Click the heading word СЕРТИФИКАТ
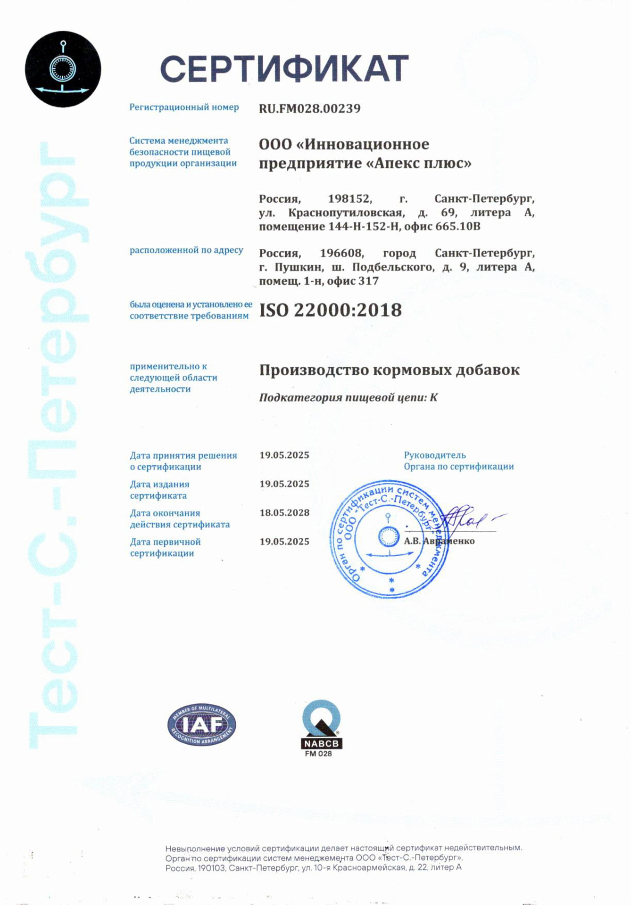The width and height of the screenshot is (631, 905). tap(284, 69)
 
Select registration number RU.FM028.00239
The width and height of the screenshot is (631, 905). tap(309, 108)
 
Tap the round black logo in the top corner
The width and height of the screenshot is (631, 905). tap(63, 69)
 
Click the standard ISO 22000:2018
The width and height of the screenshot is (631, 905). tap(331, 310)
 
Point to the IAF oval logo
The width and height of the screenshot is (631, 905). tap(202, 725)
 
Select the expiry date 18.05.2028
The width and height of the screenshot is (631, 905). tap(284, 513)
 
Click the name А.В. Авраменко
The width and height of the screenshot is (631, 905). tap(439, 541)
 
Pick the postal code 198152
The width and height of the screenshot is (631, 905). tap(350, 199)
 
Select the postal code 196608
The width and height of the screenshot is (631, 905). tap(342, 253)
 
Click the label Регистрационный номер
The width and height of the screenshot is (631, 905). tap(184, 107)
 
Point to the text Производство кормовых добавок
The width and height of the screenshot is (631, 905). tap(389, 370)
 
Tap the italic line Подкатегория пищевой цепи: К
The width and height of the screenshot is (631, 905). tap(348, 397)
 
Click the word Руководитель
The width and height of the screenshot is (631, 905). tap(434, 455)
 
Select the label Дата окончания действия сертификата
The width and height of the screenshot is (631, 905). tap(180, 518)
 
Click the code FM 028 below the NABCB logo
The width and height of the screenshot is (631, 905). tap(318, 754)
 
